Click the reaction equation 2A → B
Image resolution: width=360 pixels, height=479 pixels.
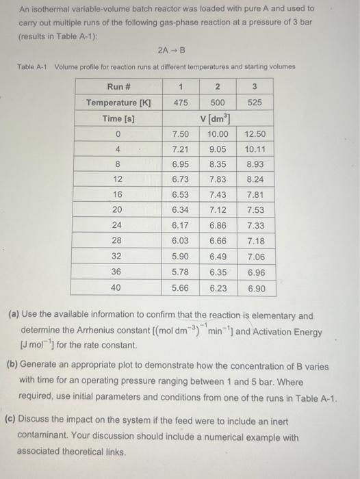172,50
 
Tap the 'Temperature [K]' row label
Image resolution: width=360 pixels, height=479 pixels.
118,103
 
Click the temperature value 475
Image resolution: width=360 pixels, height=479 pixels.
181,103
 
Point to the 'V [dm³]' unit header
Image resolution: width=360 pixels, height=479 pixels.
218,118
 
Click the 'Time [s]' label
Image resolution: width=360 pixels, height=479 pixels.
118,118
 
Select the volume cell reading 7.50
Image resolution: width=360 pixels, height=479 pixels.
181,134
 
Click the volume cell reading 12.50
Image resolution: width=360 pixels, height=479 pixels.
255,134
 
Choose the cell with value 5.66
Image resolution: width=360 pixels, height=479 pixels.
181,288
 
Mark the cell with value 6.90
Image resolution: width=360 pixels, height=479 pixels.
255,288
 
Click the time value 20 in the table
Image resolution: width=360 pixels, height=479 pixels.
118,210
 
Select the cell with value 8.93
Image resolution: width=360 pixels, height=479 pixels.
255,165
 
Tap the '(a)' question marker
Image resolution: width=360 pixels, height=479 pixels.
13,316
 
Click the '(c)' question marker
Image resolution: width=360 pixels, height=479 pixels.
13,422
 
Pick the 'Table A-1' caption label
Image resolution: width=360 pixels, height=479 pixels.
30,66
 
